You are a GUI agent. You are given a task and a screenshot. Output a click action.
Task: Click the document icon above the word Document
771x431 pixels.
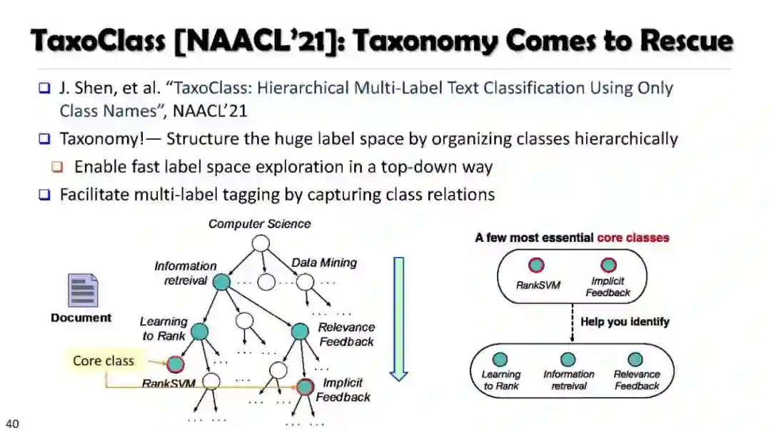coord(82,290)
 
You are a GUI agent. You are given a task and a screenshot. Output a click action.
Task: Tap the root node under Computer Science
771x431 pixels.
coord(261,243)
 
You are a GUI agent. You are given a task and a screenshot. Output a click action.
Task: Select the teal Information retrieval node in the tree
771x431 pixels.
coord(221,282)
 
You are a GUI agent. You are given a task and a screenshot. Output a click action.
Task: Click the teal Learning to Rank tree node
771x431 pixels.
coord(199,331)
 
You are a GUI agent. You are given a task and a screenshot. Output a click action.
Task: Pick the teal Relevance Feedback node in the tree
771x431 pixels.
coord(300,331)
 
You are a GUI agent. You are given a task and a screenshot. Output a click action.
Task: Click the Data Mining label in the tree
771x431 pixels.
coord(323,263)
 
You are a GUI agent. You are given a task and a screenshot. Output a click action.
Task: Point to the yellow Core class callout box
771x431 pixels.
coord(104,361)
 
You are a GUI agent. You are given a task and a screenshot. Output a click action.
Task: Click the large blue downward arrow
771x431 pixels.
coord(398,318)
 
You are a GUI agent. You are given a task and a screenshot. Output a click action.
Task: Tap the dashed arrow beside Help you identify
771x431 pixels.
coord(573,323)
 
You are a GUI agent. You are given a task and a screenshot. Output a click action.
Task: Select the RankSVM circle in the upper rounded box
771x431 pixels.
coord(536,266)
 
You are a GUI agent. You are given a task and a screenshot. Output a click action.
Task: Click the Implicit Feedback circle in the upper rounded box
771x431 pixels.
coord(608,266)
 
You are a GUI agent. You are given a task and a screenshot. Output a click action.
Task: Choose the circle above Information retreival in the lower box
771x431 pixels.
coord(568,360)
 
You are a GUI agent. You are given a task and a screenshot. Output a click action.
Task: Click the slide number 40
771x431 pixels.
coord(12,424)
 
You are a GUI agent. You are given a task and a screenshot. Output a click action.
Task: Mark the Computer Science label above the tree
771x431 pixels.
coord(259,224)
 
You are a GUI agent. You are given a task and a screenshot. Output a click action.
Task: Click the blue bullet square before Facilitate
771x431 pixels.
coord(45,195)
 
